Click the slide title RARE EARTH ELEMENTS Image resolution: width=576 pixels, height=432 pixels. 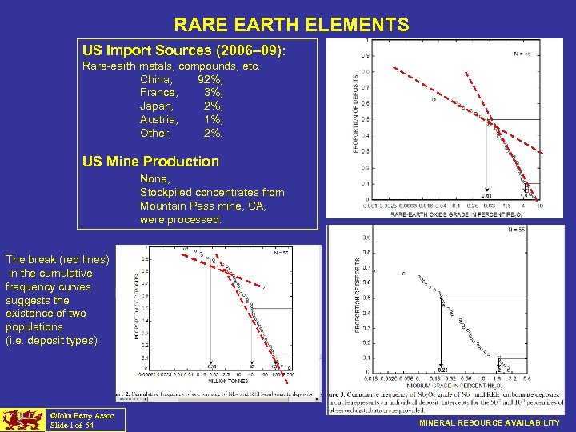(x=291, y=25)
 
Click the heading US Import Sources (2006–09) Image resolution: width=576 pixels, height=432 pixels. (x=183, y=50)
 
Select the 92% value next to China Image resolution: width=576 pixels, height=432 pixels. (x=210, y=79)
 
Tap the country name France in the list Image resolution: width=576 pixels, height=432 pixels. (x=159, y=93)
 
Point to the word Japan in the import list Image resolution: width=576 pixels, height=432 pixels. (x=157, y=106)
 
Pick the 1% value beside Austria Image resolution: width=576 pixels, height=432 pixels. (x=213, y=119)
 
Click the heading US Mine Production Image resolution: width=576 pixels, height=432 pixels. (x=150, y=161)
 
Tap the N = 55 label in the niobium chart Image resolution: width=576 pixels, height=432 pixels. (x=518, y=230)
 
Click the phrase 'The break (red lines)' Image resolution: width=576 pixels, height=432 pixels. (x=57, y=259)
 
